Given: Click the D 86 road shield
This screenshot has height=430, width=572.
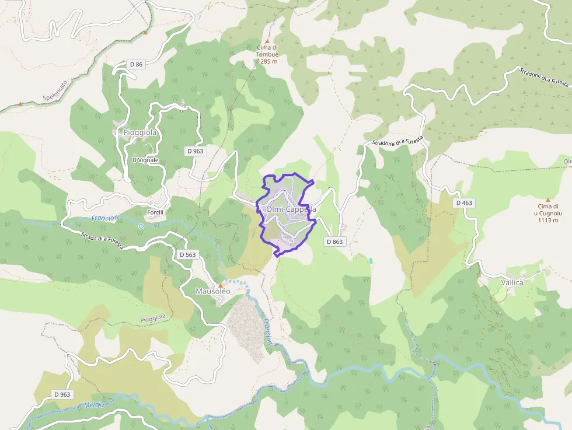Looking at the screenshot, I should coord(135,64).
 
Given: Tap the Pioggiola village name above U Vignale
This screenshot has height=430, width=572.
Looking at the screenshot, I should coord(140,132).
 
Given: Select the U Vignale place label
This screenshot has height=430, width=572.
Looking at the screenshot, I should coord(145,160).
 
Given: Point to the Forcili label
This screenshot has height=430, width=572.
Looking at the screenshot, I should coord(155,212).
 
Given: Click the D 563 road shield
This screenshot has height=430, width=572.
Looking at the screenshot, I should coord(187,254).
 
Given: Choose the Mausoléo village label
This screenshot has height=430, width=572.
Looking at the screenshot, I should coord(212,291).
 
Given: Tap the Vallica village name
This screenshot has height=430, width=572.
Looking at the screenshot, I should coord(512,282).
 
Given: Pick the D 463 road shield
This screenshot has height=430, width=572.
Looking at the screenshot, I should coord(465,202).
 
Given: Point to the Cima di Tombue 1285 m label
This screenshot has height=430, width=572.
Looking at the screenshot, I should coord(267,54).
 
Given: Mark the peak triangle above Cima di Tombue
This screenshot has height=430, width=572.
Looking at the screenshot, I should coord(267,40).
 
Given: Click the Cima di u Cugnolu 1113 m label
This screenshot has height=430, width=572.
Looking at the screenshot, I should coord(548,213).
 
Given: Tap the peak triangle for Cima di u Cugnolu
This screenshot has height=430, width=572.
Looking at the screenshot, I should coord(547,200).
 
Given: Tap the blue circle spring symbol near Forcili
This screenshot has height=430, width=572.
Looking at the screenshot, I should coord(141,226).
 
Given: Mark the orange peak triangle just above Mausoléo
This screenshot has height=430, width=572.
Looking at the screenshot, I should coord(221,285).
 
